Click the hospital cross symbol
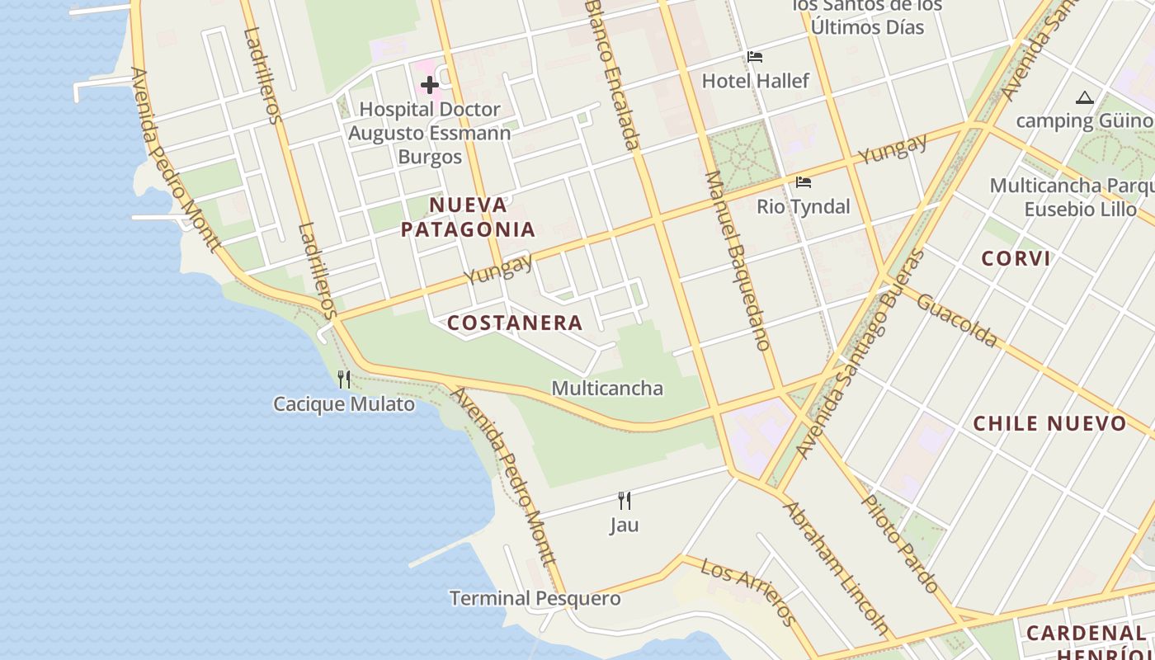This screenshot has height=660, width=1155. coord(429,84)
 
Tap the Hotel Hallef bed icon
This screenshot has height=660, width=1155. coord(754,57)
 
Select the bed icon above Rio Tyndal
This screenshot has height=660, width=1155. coord(803,182)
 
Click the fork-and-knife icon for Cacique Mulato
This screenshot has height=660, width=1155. coord(344,379)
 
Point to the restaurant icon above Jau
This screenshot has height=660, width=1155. coord(625,500)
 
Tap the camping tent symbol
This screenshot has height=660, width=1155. coord(1084,98)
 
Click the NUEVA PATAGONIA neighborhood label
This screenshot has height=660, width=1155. coord(468,217)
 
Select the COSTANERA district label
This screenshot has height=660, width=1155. coord(515,323)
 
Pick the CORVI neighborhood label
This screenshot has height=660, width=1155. coord(1016,258)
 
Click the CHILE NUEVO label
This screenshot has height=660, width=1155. coord(1049,423)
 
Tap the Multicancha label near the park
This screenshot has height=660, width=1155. coord(606,388)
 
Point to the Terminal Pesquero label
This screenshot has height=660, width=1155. coord(535,598)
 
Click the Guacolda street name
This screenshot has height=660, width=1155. coord(957,320)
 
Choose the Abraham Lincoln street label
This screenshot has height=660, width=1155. coord(836,568)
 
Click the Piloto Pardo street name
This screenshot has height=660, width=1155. coord(900,543)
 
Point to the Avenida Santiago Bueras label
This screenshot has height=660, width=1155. coord(862,355)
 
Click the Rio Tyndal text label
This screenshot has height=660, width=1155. coord(803,206)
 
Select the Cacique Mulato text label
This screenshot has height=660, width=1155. coord(344,404)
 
